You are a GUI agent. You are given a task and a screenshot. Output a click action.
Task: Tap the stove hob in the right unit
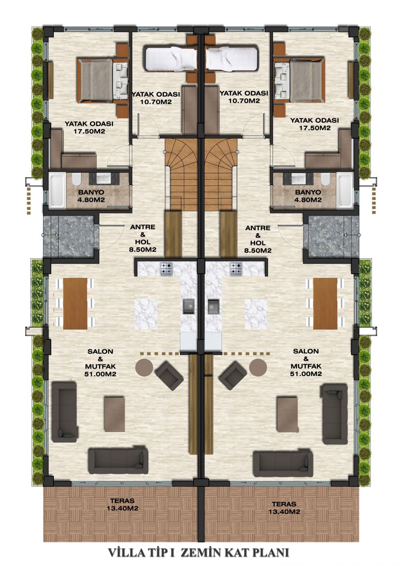tap(236, 268)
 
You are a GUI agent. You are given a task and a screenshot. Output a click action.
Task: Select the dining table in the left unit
tap(75, 303)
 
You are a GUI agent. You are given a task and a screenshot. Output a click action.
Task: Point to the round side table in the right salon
tap(258, 368)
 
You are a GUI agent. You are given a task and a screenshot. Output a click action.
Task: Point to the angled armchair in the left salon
tap(169, 376)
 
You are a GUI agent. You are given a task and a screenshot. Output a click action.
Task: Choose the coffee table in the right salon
tap(287, 414)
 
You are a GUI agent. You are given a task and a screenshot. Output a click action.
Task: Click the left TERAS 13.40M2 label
tap(121, 505)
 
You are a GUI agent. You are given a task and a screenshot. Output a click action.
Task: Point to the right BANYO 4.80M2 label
tap(308, 196)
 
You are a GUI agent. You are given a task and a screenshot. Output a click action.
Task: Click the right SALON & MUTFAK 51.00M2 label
tap(307, 362)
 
